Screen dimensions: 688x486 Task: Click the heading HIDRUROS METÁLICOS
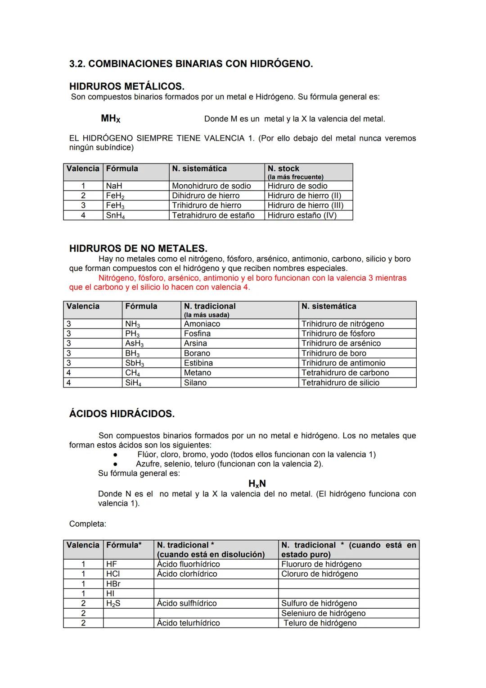point(126,86)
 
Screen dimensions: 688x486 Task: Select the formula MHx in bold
point(110,119)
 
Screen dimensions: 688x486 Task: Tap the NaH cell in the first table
point(114,186)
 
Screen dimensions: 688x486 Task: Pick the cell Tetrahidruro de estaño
point(213,215)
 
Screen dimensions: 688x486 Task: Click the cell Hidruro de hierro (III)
point(305,205)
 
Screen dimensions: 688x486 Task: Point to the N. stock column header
point(283,169)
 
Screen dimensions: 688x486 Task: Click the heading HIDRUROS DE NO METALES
point(138,248)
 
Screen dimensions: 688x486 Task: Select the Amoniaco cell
point(202,324)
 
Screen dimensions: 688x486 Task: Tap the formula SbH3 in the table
point(134,363)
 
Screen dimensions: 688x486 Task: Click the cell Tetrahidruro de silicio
point(340,383)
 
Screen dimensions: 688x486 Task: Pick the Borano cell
point(197,353)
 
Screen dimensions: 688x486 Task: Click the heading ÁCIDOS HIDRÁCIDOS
point(121,414)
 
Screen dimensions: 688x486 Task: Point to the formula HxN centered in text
point(257,483)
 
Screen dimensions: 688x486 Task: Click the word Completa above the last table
point(87,524)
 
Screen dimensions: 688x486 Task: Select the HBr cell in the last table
point(113,584)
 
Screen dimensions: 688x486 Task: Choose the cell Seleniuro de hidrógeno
point(323,613)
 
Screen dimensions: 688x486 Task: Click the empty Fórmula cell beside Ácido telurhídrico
point(128,623)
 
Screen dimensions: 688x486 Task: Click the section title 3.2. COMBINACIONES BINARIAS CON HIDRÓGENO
point(191,64)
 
